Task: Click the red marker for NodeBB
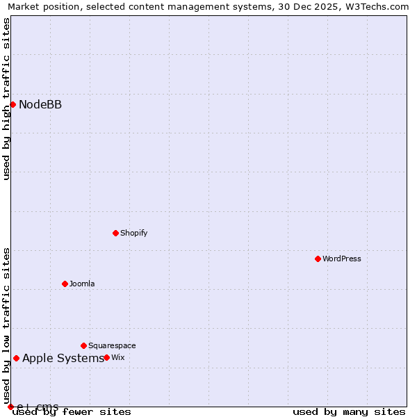click(x=13, y=104)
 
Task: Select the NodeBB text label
click(x=40, y=105)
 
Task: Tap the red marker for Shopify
click(x=115, y=233)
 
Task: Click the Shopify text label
click(x=133, y=234)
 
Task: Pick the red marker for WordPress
click(x=318, y=259)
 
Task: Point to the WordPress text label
click(x=341, y=259)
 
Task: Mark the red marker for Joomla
click(x=65, y=284)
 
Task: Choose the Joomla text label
click(x=82, y=284)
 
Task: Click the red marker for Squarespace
click(x=83, y=345)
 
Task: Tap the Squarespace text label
click(x=112, y=346)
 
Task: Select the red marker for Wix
click(x=106, y=357)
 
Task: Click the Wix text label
click(x=118, y=358)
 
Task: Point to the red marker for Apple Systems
click(x=16, y=358)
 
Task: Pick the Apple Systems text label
click(x=63, y=359)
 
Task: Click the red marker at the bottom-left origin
click(x=10, y=407)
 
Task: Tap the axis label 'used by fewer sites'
click(x=72, y=412)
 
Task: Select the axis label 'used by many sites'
click(x=349, y=412)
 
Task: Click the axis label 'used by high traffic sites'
click(x=6, y=99)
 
